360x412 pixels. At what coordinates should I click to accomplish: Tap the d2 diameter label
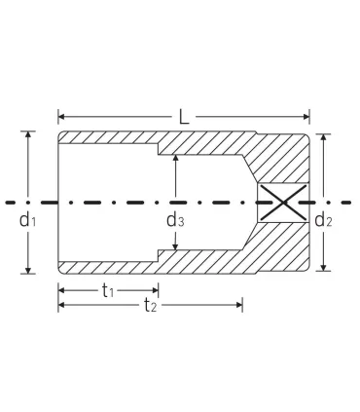pyautogui.click(x=324, y=220)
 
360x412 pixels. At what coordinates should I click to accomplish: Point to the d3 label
pyautogui.click(x=175, y=220)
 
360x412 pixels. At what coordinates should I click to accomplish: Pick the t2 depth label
pyautogui.click(x=151, y=308)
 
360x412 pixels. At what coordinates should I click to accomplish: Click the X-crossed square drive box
pyautogui.click(x=282, y=204)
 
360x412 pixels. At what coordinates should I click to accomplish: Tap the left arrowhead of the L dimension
pyautogui.click(x=62, y=118)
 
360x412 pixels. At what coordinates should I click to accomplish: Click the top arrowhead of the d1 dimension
pyautogui.click(x=28, y=135)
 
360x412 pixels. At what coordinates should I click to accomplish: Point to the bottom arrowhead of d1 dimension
pyautogui.click(x=28, y=270)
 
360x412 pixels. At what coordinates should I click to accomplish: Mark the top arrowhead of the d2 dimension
pyautogui.click(x=324, y=139)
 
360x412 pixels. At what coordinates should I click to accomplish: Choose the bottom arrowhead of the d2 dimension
pyautogui.click(x=324, y=265)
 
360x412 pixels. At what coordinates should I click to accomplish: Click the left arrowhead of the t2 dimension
pyautogui.click(x=62, y=306)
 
